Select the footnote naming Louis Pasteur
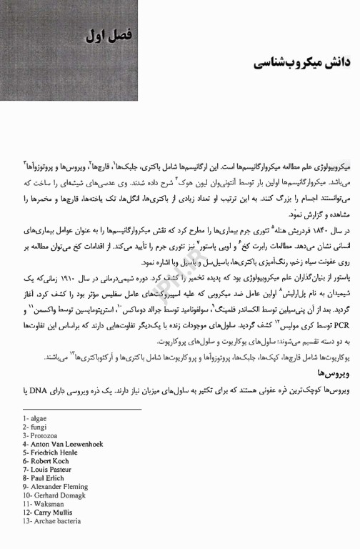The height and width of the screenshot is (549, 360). pos(49,470)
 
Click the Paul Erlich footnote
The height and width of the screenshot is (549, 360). pos(45,478)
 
